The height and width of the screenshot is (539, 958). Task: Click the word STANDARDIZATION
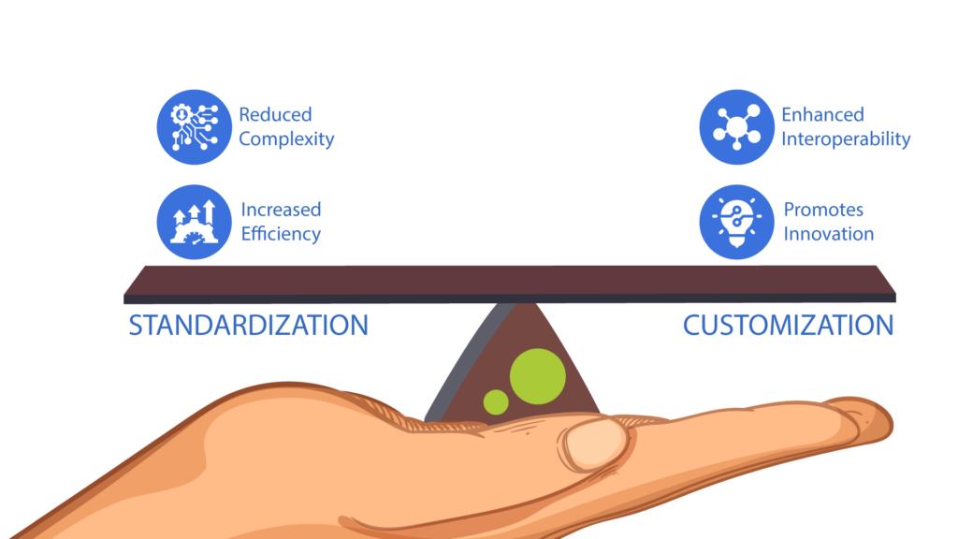click(248, 326)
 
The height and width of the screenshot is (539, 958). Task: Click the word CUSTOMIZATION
click(788, 326)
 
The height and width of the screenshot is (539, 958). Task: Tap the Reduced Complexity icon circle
click(194, 127)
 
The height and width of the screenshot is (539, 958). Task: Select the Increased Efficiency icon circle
click(194, 222)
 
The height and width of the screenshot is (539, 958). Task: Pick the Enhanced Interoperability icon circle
click(736, 127)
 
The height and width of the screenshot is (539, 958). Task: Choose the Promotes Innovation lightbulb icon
click(736, 222)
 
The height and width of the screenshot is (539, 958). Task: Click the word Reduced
click(275, 115)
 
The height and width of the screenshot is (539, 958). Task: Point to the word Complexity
click(286, 139)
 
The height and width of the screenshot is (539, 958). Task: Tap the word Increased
click(281, 210)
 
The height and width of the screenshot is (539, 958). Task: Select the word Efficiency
click(281, 234)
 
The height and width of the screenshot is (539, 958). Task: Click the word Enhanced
click(822, 115)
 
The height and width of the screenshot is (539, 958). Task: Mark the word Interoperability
click(846, 139)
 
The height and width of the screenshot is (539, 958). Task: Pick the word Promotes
click(822, 210)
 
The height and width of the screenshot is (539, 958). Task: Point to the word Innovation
click(828, 234)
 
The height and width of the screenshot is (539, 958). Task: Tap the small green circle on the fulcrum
click(496, 402)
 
